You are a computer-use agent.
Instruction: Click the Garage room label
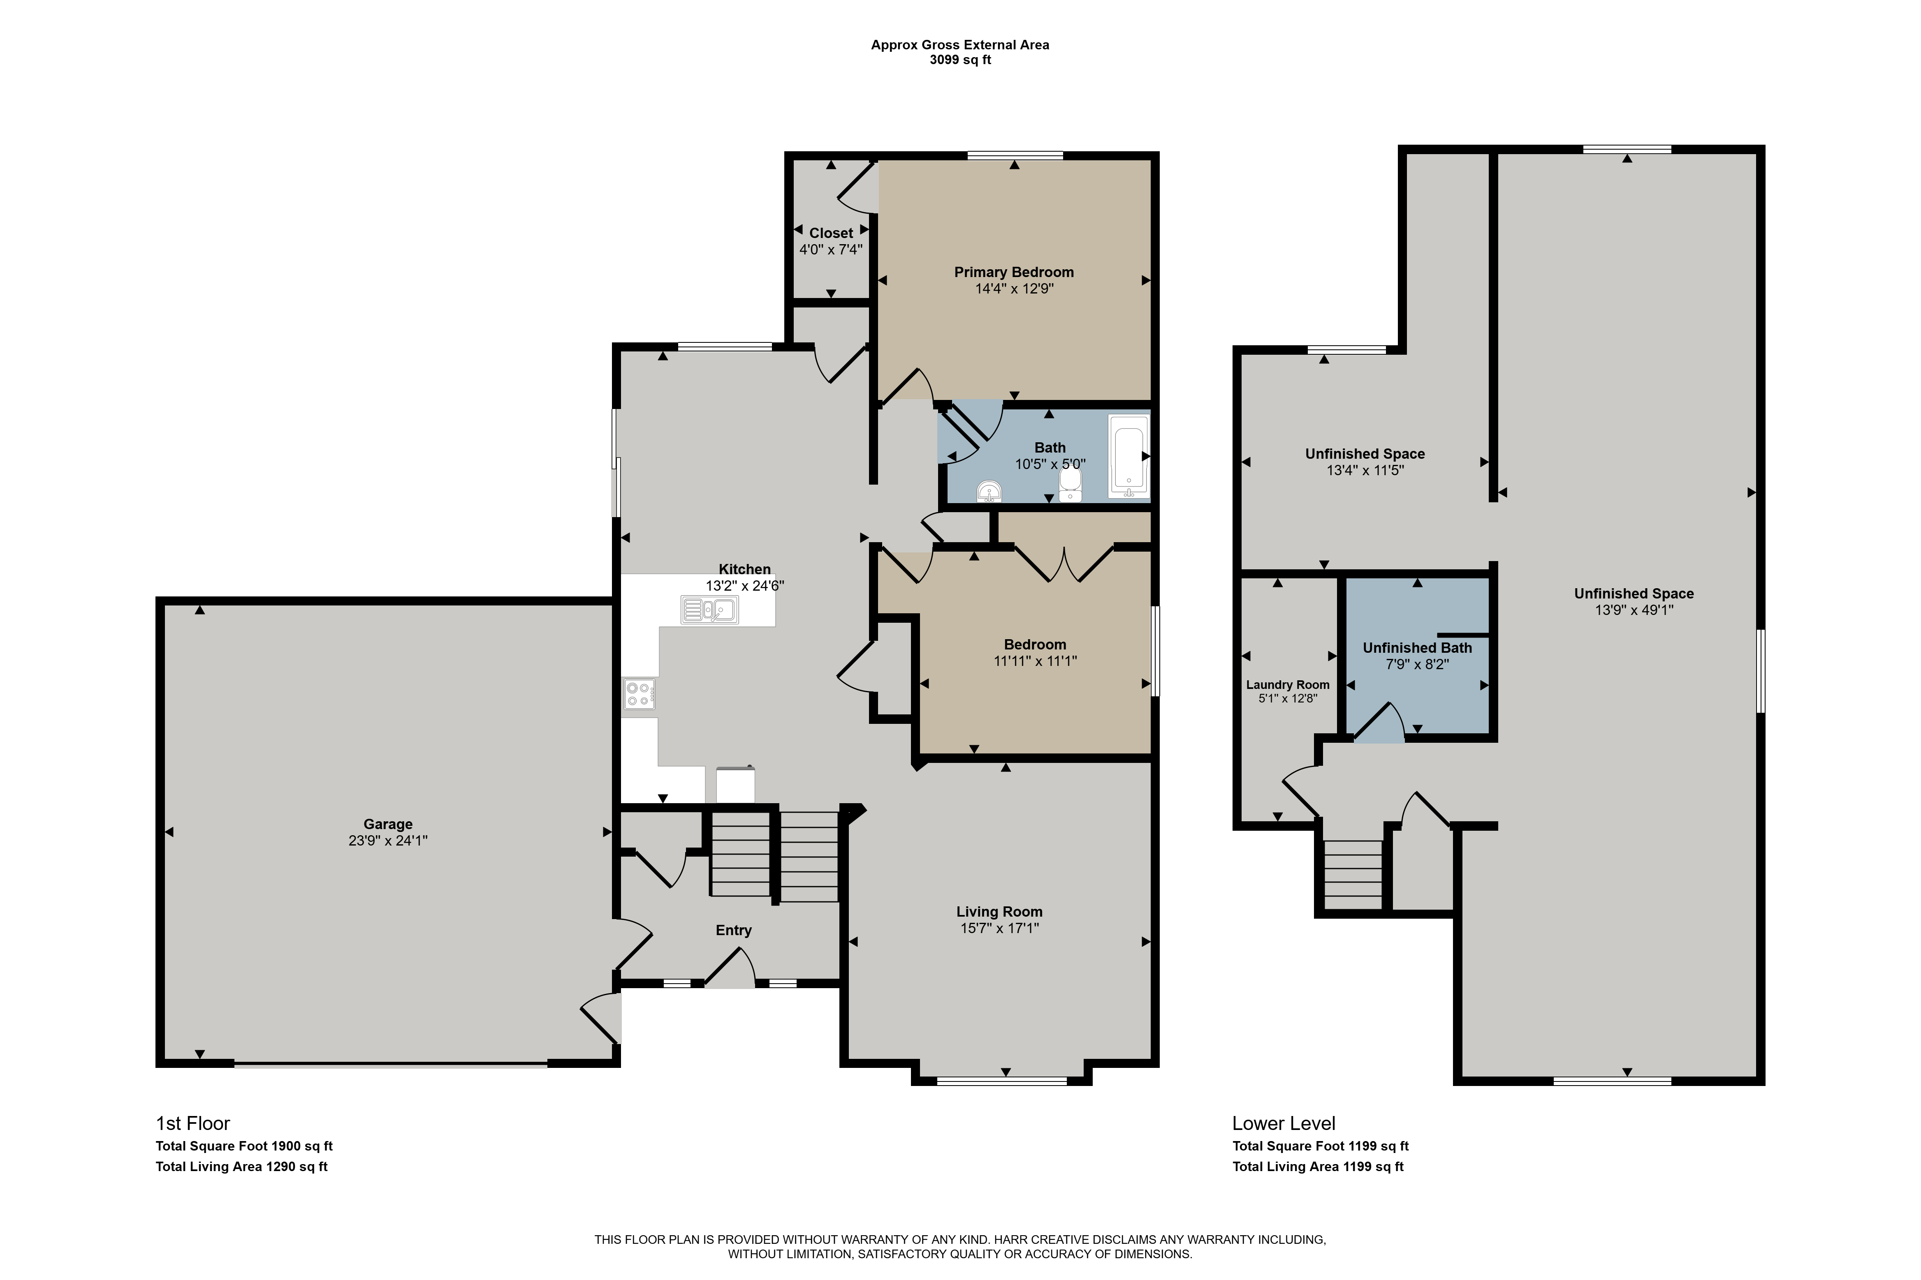[388, 824]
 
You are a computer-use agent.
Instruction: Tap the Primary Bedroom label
[1014, 272]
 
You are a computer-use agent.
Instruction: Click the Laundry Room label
[1287, 684]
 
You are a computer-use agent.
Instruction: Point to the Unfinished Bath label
[1417, 647]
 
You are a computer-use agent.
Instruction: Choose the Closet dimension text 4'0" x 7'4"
[831, 249]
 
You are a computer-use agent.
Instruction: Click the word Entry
[733, 930]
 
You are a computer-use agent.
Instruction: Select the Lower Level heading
[1284, 1123]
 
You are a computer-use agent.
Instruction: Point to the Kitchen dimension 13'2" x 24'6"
[745, 585]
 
